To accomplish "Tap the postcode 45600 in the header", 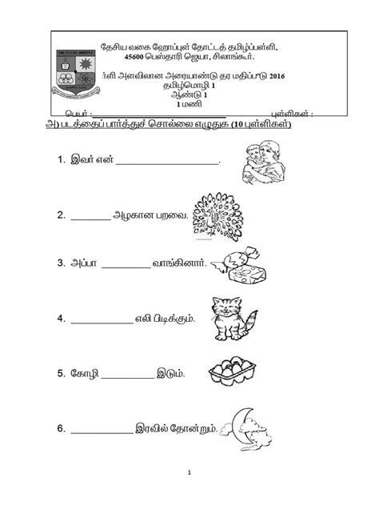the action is click(137, 57).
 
